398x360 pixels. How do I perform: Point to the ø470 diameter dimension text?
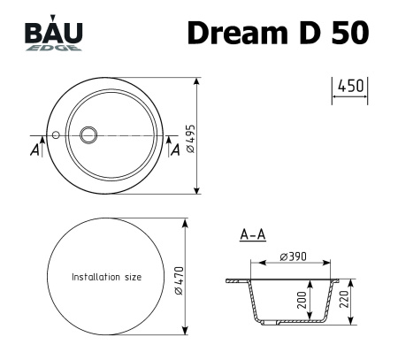(x=179, y=279)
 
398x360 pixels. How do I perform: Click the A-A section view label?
(x=253, y=235)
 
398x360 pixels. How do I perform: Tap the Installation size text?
(x=106, y=277)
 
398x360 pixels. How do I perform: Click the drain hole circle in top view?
(x=89, y=135)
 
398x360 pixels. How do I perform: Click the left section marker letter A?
(x=34, y=150)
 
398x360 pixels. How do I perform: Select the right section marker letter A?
(x=173, y=150)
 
